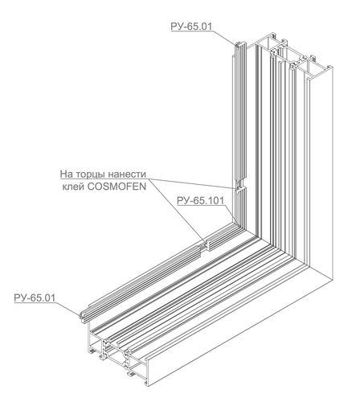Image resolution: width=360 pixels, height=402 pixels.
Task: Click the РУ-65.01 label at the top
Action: (191, 27)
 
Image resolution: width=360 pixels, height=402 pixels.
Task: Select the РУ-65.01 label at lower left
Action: (35, 297)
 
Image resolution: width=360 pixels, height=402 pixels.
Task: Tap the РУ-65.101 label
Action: (200, 200)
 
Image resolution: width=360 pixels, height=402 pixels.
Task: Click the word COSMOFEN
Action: (117, 187)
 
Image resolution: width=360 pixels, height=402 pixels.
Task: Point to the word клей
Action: (73, 187)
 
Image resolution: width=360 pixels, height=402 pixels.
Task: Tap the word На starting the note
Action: (65, 174)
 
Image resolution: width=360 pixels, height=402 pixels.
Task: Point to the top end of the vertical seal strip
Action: (239, 44)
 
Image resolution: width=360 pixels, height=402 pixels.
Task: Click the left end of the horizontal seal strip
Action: (83, 316)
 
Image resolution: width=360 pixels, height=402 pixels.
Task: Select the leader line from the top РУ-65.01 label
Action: (224, 38)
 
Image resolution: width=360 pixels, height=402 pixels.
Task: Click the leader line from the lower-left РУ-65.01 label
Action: (67, 309)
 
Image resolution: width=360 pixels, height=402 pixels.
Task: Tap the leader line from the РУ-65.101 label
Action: (231, 214)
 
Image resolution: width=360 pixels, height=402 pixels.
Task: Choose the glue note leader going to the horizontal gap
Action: (176, 211)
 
